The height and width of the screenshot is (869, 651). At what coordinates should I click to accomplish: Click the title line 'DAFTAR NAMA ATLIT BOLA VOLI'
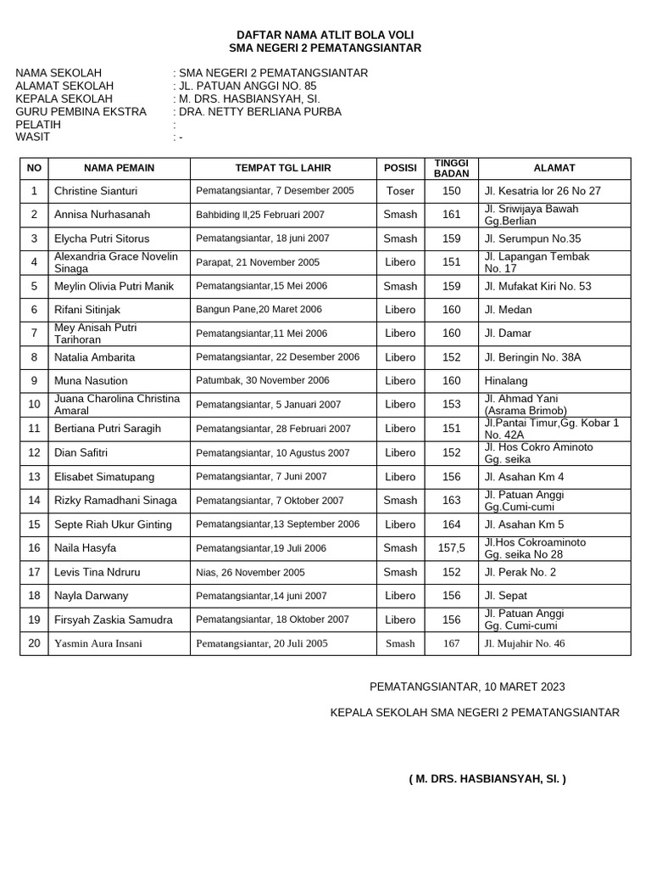point(325,35)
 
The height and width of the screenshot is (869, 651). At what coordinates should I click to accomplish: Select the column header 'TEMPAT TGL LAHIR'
point(283,168)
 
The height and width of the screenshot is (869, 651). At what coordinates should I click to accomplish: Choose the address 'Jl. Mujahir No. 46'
point(524,643)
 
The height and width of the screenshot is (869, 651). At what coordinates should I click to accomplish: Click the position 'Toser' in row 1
point(400,191)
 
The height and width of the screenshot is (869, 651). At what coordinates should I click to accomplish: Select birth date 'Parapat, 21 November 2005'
point(258,262)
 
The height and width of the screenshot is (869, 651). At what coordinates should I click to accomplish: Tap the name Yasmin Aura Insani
point(98,643)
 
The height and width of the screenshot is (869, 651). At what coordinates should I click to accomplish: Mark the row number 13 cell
point(34,477)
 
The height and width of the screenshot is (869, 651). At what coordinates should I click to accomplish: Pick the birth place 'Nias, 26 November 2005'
point(251,572)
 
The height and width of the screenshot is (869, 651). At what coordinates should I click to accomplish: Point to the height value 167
point(451,643)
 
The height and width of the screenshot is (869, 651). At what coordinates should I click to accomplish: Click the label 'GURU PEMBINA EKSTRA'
point(81,111)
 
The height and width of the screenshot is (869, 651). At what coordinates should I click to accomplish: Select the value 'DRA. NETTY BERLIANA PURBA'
point(260,111)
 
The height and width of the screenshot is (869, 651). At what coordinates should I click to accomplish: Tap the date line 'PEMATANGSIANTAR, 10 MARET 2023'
point(467,687)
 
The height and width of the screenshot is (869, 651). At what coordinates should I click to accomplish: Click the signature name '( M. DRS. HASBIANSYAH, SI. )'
point(487,778)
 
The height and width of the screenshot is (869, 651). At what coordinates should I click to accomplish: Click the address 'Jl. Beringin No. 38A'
point(532,357)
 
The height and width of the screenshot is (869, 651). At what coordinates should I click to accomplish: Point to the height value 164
point(451,524)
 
